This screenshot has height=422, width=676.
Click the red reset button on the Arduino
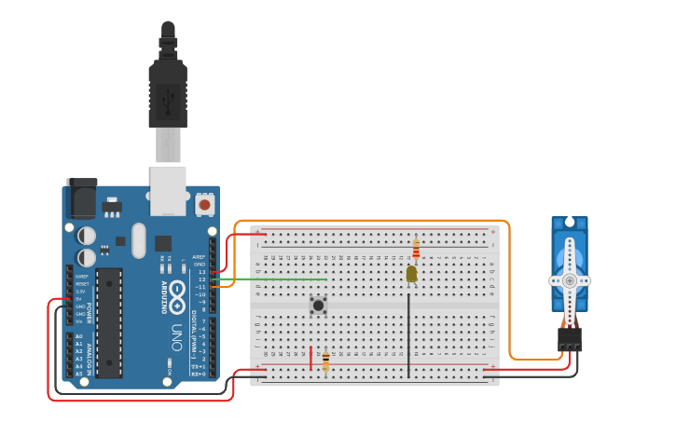(204, 203)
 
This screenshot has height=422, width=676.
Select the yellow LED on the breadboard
(411, 273)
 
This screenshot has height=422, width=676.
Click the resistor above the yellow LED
(416, 249)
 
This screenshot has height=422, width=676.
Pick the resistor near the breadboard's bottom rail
(325, 361)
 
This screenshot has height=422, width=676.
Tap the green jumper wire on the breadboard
(280, 279)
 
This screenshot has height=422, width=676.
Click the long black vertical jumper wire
(408, 335)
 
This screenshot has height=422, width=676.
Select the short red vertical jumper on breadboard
(310, 358)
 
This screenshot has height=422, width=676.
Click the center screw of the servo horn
(570, 279)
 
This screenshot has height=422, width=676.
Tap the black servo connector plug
(570, 338)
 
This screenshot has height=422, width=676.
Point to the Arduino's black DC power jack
(81, 198)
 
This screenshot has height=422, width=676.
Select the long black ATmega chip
(108, 322)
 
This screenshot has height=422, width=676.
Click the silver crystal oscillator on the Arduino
(139, 239)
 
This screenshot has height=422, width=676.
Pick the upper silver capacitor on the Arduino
(86, 236)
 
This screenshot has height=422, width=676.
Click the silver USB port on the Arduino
(168, 190)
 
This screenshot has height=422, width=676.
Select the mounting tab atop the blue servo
(569, 224)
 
